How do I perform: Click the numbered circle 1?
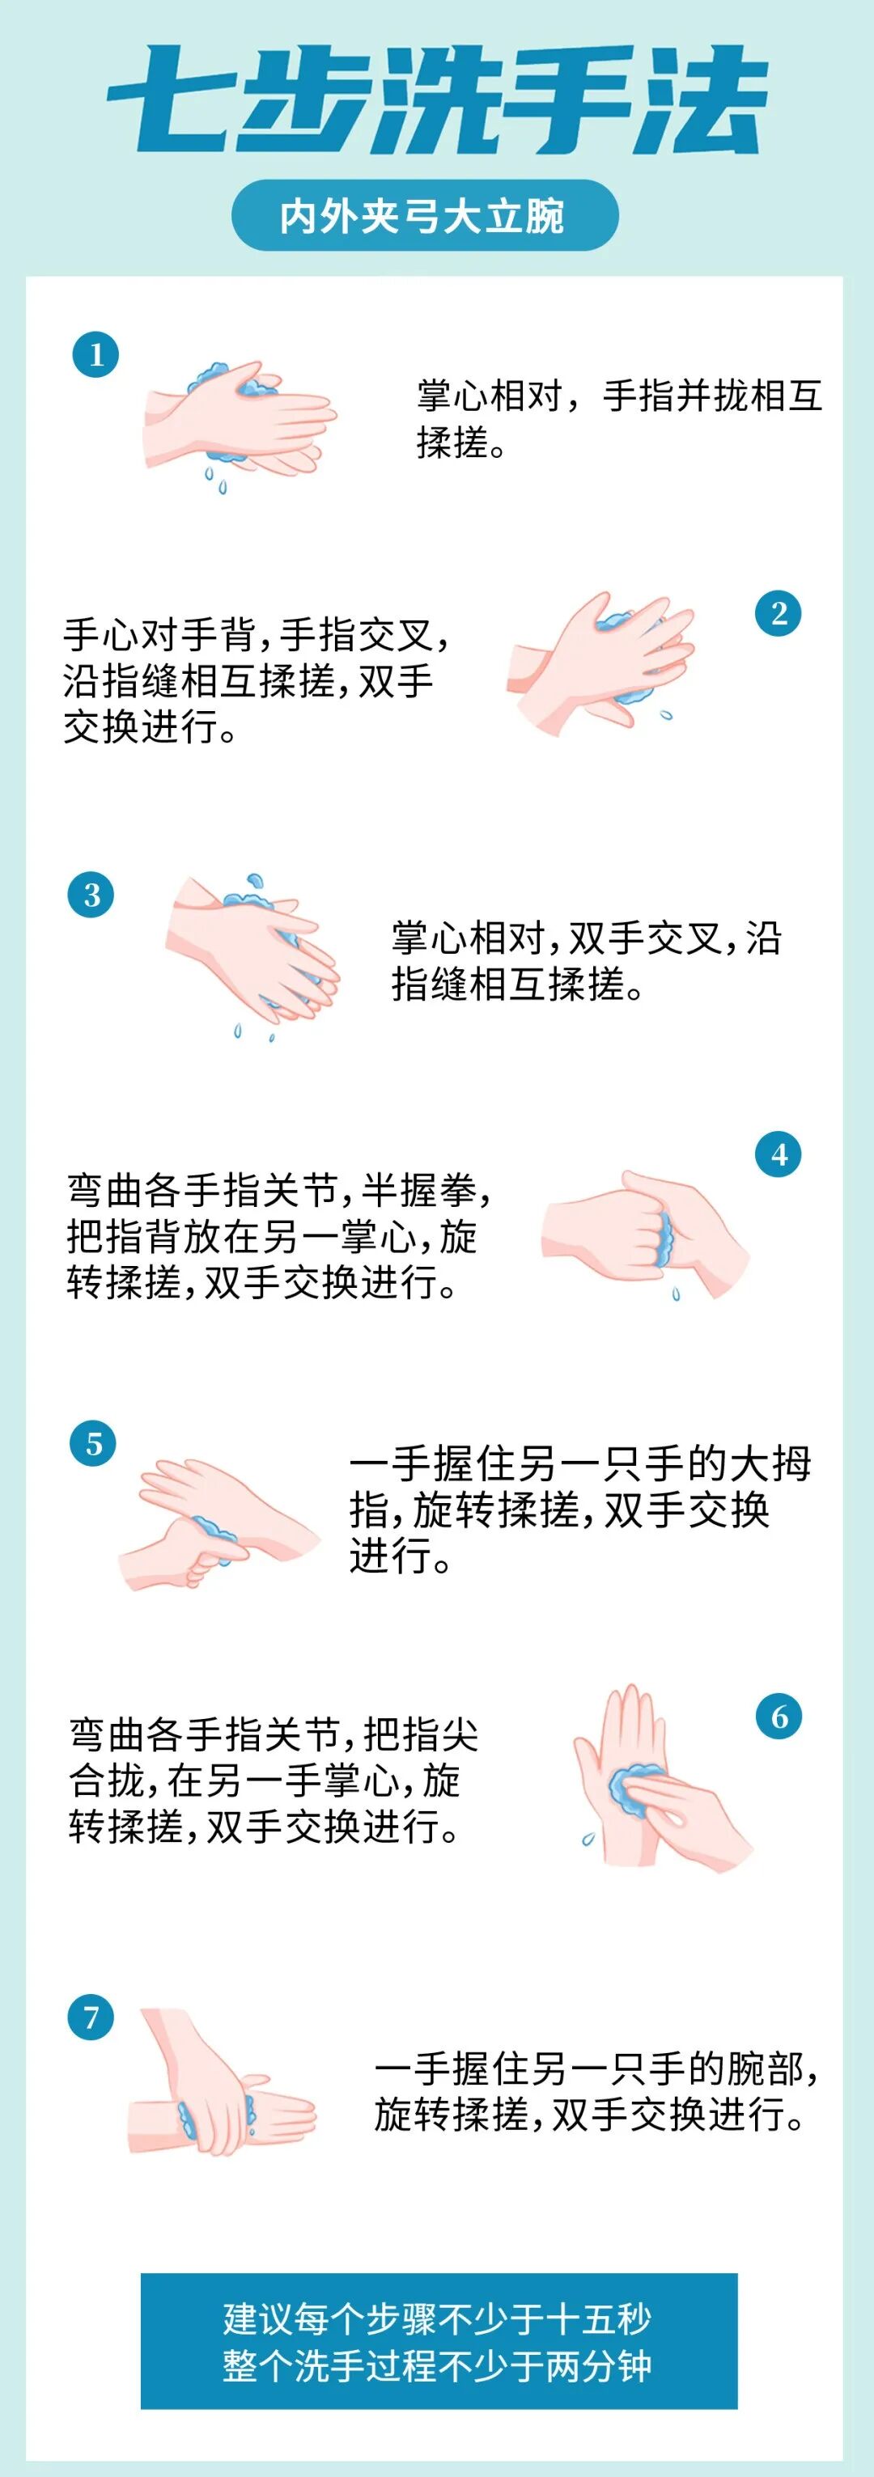[95, 355]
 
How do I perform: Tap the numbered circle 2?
[779, 613]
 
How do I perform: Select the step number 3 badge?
[91, 896]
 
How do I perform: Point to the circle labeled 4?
[779, 1155]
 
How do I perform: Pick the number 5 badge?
[93, 1444]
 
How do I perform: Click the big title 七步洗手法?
[436, 100]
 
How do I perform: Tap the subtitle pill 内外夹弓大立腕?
[424, 215]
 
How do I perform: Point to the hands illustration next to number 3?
[252, 957]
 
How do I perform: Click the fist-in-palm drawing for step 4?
[644, 1234]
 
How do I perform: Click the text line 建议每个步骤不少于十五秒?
[438, 2319]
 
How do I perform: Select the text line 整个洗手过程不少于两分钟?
[438, 2366]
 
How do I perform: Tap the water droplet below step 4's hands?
[676, 1294]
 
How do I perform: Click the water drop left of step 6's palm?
[588, 1840]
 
